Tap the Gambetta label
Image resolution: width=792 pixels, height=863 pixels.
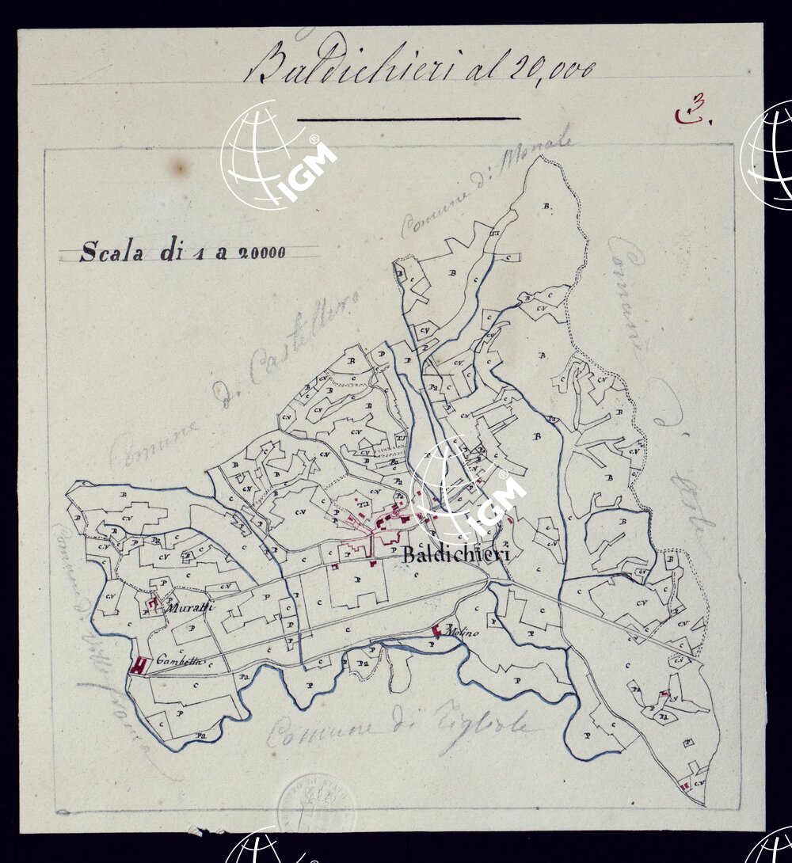[x=181, y=660]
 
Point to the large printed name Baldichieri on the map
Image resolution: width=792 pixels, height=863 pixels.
[x=455, y=553]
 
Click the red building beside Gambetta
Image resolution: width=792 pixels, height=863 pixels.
[x=139, y=666]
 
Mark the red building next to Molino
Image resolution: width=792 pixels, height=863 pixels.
[x=436, y=631]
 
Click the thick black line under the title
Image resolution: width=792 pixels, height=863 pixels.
[x=409, y=119]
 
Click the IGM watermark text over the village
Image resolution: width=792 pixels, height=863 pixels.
[x=500, y=503]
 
